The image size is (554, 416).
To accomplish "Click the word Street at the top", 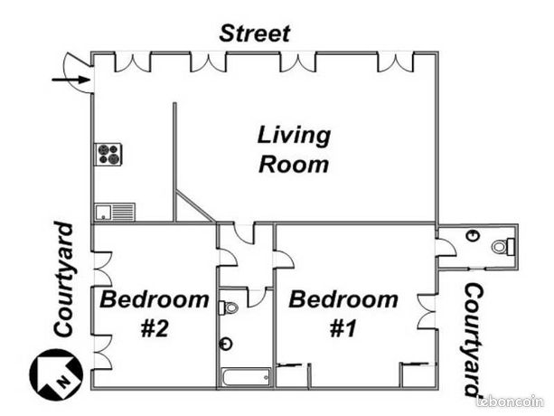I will coord(256,34).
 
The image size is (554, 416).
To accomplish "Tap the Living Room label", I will coord(294,150).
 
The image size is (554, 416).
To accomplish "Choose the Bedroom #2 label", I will coord(155,313).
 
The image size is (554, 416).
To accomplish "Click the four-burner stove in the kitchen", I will coord(108,155).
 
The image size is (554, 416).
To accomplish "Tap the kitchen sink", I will coord(114,212).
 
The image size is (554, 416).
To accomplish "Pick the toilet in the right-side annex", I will coord(502,245).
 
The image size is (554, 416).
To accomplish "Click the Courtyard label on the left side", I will coord(62,280).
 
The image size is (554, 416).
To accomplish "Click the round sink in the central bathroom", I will coord(226,343).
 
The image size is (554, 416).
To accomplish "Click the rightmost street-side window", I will coord(394,61).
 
